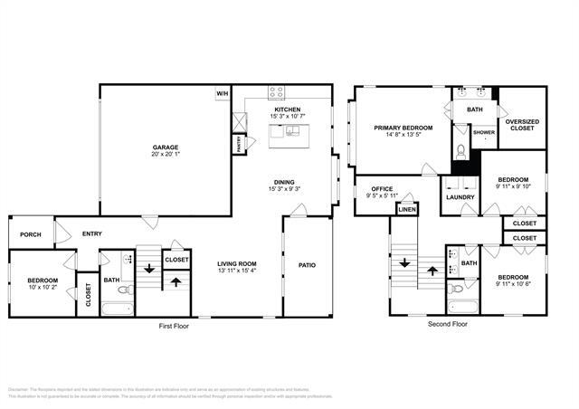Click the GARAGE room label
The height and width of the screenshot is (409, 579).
165,147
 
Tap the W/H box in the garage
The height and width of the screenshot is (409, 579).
222,93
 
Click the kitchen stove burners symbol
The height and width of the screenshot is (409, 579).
278,92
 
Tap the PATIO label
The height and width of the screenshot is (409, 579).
307,265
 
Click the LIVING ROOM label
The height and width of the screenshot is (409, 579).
236,263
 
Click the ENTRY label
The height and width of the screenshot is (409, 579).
91,233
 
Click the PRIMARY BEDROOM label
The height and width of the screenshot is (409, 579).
403,128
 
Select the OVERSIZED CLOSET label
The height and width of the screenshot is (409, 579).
521,124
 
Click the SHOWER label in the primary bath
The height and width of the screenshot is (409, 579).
484,132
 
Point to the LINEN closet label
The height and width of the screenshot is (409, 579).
407,211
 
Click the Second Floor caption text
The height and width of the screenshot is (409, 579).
447,323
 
